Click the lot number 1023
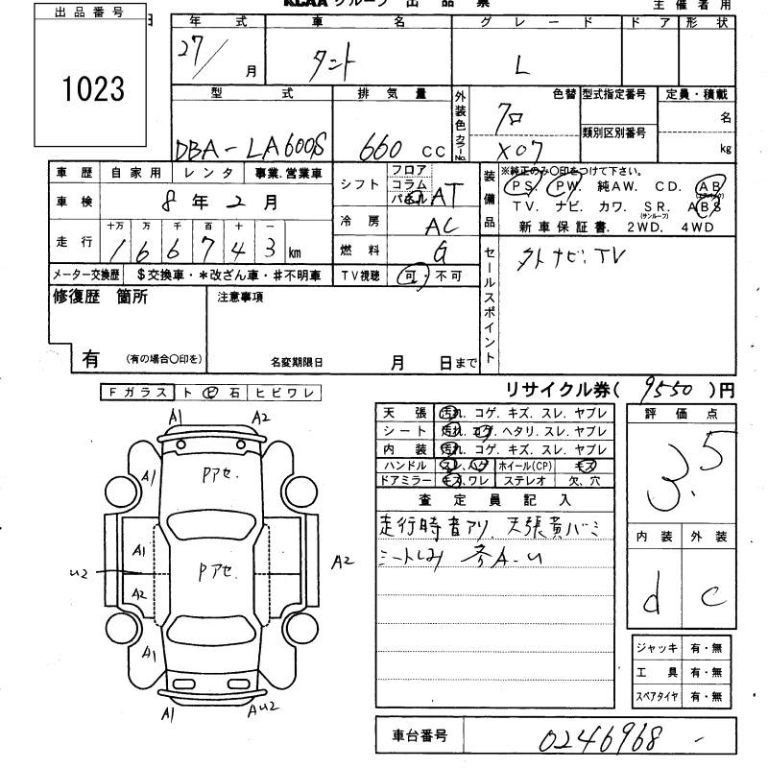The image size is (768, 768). coord(93,88)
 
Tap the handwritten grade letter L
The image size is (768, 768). coord(522,65)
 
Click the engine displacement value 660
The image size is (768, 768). coord(384,149)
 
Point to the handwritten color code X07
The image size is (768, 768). coord(518,150)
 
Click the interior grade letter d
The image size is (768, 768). coord(652,601)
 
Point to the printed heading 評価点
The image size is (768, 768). coord(677,413)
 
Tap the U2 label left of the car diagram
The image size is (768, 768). coord(80,573)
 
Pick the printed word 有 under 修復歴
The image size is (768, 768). coord(91,359)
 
